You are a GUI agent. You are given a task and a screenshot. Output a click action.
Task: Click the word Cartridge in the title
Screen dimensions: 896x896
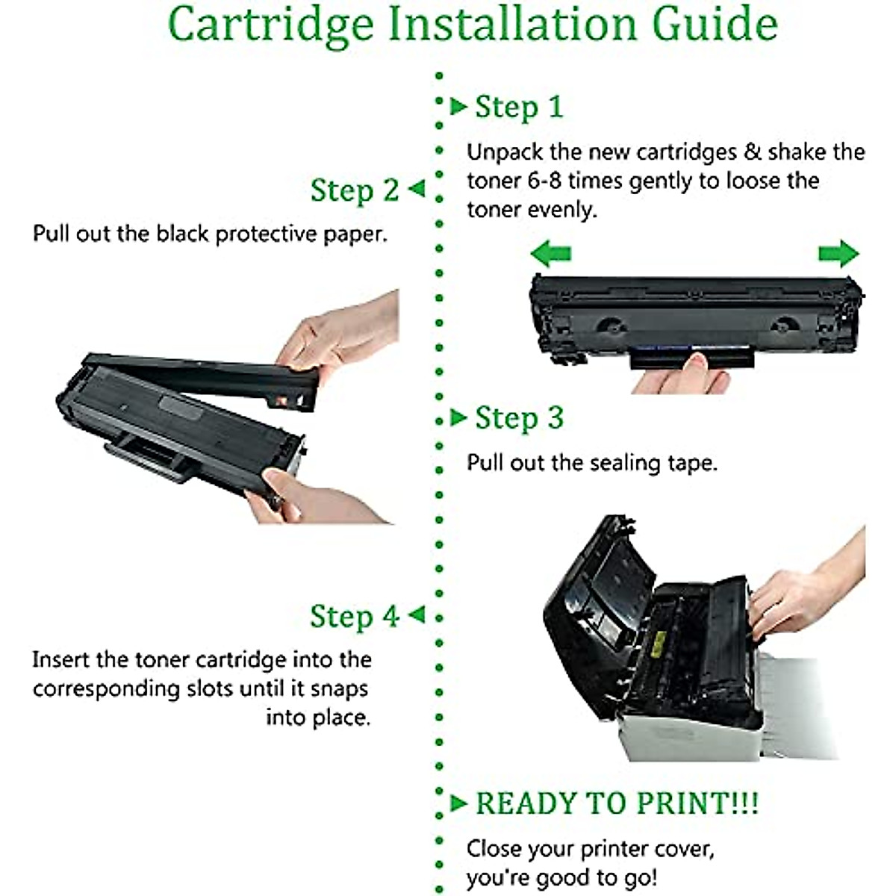pyautogui.click(x=270, y=24)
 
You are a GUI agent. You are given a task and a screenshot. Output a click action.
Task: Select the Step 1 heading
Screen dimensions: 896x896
pyautogui.click(x=519, y=107)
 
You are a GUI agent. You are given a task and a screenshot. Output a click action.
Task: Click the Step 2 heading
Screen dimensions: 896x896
pyautogui.click(x=355, y=190)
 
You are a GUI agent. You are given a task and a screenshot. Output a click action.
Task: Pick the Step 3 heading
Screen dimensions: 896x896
pyautogui.click(x=519, y=418)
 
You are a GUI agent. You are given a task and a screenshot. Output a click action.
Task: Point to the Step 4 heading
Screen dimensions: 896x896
pyautogui.click(x=355, y=617)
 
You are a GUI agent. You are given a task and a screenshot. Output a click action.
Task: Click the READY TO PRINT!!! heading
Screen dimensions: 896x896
pyautogui.click(x=617, y=803)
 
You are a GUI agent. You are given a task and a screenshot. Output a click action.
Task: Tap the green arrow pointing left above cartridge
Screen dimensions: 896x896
pyautogui.click(x=551, y=254)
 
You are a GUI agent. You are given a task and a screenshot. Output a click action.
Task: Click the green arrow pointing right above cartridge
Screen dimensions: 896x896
pyautogui.click(x=839, y=254)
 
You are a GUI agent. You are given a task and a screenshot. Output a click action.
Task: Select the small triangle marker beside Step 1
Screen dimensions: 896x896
pyautogui.click(x=458, y=106)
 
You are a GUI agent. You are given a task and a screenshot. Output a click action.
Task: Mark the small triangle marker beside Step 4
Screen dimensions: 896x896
pyautogui.click(x=416, y=615)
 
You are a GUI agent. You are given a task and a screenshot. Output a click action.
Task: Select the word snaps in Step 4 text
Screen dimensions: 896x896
pyautogui.click(x=340, y=688)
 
